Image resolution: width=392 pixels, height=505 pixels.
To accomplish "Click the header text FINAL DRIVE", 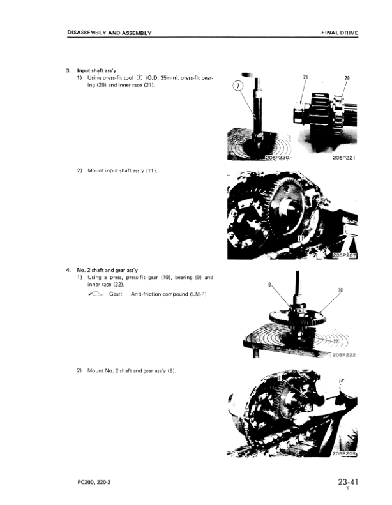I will (338, 33).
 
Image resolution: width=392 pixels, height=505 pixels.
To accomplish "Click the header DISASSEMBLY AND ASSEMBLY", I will (109, 33).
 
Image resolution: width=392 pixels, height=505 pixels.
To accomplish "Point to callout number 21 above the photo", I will (306, 77).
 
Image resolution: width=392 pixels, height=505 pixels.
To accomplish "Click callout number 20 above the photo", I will (347, 78).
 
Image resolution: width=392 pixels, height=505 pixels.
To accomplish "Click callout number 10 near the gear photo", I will (340, 290).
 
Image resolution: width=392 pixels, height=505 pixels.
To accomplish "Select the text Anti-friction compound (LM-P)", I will (168, 294).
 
